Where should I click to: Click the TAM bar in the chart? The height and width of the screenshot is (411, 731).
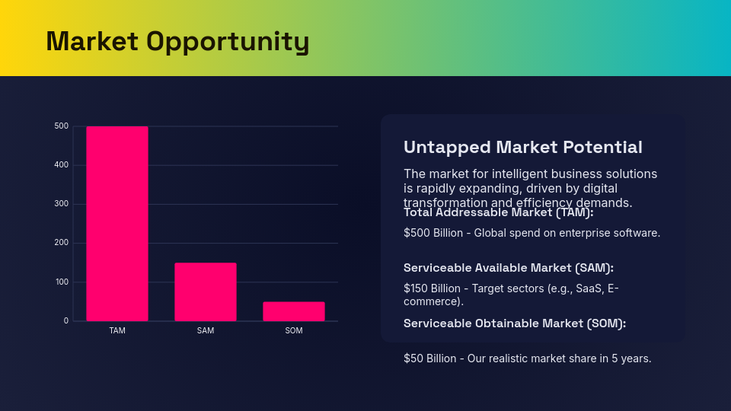tap(117, 224)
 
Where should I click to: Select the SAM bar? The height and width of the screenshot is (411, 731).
tap(205, 292)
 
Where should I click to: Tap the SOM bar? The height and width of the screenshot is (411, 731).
tap(293, 311)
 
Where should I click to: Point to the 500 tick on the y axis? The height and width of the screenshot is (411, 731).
tap(62, 126)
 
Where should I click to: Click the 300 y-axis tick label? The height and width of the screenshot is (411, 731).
tap(62, 204)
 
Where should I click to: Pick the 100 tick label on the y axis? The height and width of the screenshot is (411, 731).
tap(62, 282)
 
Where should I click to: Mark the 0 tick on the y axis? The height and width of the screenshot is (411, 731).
tap(66, 321)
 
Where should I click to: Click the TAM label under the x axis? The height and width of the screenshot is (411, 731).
tap(117, 331)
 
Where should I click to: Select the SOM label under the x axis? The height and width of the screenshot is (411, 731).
tap(293, 331)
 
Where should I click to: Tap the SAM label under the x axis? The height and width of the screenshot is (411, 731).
tap(206, 331)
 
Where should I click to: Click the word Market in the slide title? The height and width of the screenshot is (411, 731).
tap(91, 41)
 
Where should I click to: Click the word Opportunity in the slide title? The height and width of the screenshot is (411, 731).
tap(228, 43)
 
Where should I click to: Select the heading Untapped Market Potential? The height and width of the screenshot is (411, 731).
tap(522, 147)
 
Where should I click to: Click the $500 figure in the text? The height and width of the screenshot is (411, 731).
tap(417, 233)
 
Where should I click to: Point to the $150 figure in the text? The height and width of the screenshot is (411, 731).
tap(417, 288)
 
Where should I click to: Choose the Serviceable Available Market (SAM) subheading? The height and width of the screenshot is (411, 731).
tap(508, 268)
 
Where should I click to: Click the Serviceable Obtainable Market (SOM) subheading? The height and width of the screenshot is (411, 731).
tap(514, 323)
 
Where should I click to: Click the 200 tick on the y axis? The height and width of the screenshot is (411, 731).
tap(62, 243)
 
